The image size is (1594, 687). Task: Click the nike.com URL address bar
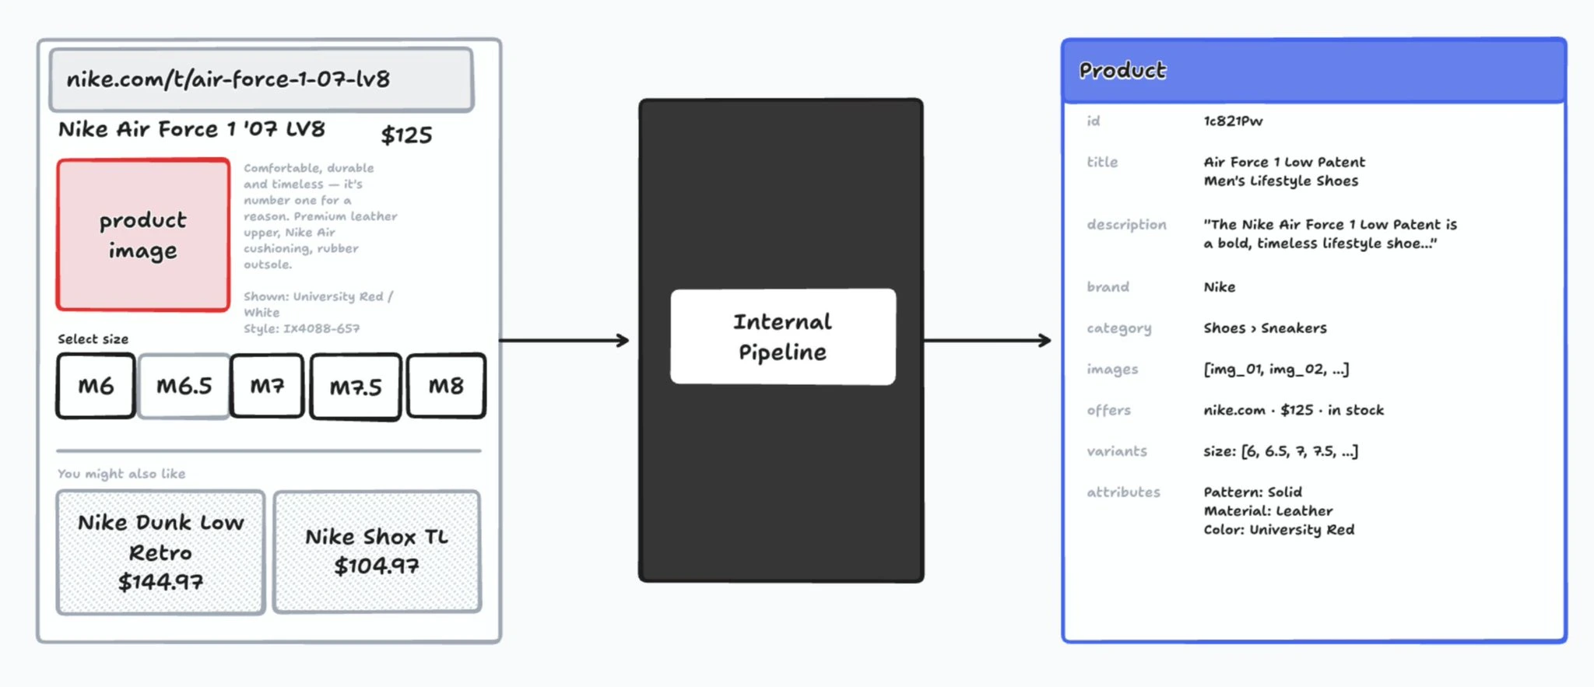click(262, 79)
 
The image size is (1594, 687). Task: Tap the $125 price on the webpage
click(406, 135)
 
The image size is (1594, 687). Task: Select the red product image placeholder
click(143, 235)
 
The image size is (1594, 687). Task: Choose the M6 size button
click(96, 386)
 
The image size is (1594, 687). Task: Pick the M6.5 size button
click(184, 386)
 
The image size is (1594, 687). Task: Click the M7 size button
click(267, 386)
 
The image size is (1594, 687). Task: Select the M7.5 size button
click(356, 387)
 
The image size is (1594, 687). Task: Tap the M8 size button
click(446, 386)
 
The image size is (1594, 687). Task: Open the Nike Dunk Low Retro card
click(160, 552)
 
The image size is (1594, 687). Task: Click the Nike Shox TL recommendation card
click(377, 552)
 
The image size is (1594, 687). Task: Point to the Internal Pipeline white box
click(783, 337)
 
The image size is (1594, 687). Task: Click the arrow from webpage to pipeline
click(564, 340)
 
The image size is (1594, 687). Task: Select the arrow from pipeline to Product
click(988, 340)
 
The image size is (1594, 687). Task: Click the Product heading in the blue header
click(1122, 71)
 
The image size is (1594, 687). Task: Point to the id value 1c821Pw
click(1233, 121)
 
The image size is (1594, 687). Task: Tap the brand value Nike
click(1219, 287)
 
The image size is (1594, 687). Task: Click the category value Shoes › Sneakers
click(1265, 328)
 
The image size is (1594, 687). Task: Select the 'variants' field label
click(1117, 451)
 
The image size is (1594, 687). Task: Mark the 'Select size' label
click(93, 339)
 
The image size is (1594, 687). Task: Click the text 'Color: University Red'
click(1279, 530)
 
